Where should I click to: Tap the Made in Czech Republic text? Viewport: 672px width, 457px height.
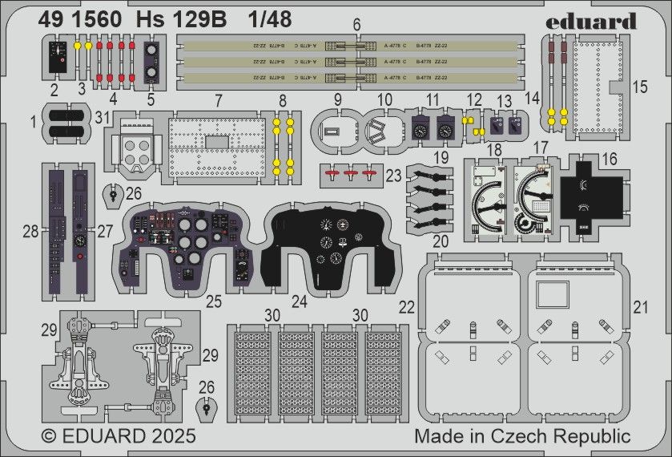tap(522, 437)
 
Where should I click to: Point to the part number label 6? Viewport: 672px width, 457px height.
tap(356, 26)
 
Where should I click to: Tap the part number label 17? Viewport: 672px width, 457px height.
tap(541, 148)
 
